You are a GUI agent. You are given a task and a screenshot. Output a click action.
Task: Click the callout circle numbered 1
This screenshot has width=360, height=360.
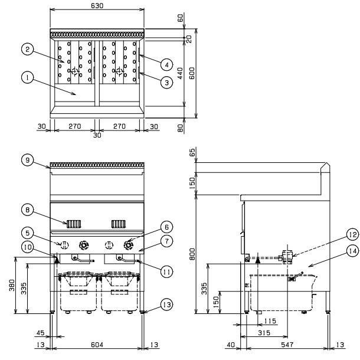click(x=26, y=76)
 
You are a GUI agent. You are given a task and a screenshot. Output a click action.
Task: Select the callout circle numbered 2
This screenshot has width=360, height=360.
click(x=26, y=50)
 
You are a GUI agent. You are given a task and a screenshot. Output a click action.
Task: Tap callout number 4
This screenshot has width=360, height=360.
click(x=167, y=64)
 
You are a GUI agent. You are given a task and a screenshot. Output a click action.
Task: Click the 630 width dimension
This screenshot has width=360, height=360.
click(x=97, y=5)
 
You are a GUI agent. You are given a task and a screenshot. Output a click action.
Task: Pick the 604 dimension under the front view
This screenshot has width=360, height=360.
click(x=97, y=344)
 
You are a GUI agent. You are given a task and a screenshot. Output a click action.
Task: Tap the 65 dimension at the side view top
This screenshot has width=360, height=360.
click(x=191, y=152)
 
